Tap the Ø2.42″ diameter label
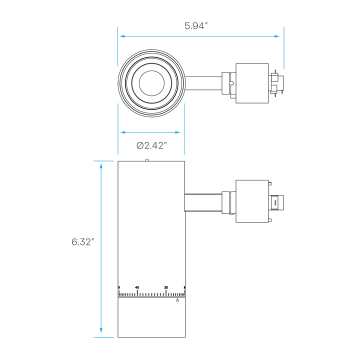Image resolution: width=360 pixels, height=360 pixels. (x=151, y=145)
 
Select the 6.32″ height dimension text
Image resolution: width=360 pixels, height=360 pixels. (x=83, y=242)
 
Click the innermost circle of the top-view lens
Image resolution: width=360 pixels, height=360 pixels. (x=151, y=83)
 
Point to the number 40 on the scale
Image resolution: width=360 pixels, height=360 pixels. (x=137, y=287)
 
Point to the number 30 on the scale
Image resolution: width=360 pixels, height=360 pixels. (x=166, y=287)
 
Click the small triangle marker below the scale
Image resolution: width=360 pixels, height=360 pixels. (x=177, y=300)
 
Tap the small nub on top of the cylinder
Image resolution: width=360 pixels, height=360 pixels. (x=147, y=160)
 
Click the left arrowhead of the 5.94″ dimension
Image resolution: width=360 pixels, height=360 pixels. (x=122, y=36)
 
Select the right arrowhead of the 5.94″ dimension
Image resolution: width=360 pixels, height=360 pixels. (x=276, y=36)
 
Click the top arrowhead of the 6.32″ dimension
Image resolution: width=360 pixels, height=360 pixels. (x=101, y=166)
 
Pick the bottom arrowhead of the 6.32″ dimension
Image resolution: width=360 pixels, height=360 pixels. (x=101, y=330)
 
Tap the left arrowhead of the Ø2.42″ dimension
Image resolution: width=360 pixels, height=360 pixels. (x=123, y=132)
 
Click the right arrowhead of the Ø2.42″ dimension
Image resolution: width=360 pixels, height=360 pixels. (x=177, y=132)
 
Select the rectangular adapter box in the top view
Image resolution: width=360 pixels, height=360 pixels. (x=252, y=83)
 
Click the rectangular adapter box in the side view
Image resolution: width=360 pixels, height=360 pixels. (x=252, y=201)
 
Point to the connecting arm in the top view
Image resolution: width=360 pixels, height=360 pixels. (x=203, y=83)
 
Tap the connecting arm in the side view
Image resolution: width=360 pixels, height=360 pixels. (x=203, y=202)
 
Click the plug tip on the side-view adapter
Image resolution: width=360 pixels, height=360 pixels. (x=277, y=202)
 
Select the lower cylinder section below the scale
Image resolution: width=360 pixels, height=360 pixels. (x=151, y=317)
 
